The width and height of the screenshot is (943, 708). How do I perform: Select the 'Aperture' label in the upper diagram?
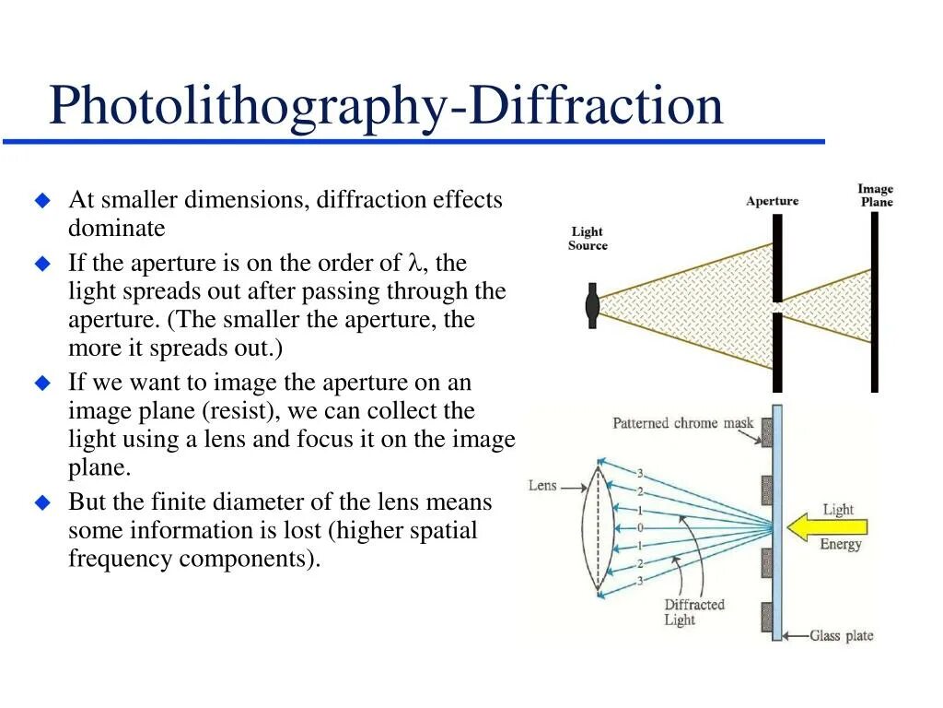pyautogui.click(x=772, y=201)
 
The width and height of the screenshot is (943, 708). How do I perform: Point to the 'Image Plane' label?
pyautogui.click(x=876, y=195)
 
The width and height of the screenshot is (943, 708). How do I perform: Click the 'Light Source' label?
pyautogui.click(x=588, y=239)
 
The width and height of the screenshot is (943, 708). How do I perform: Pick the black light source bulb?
pyautogui.click(x=592, y=306)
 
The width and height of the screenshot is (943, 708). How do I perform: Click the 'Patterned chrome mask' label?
pyautogui.click(x=682, y=424)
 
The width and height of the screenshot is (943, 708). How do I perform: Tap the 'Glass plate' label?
pyautogui.click(x=841, y=636)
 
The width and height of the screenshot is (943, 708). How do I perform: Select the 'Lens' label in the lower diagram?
pyautogui.click(x=542, y=485)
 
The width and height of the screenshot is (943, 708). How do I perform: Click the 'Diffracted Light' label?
pyautogui.click(x=694, y=612)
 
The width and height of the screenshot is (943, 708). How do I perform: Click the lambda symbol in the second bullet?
pyautogui.click(x=413, y=264)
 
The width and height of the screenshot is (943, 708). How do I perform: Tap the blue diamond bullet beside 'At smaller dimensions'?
pyautogui.click(x=41, y=200)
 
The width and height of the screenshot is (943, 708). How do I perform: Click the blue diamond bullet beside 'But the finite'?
pyautogui.click(x=41, y=502)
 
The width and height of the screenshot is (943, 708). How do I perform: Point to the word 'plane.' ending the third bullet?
pyautogui.click(x=99, y=467)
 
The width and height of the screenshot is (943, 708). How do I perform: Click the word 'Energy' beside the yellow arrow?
pyautogui.click(x=840, y=544)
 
